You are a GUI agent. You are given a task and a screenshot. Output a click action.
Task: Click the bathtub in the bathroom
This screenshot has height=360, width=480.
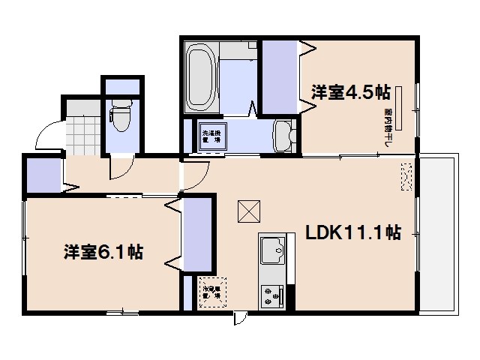[x=200, y=76]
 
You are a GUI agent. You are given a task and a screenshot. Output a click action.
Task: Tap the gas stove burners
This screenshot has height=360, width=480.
[x=271, y=295]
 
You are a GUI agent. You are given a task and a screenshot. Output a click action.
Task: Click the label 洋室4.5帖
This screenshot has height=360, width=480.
[x=350, y=92]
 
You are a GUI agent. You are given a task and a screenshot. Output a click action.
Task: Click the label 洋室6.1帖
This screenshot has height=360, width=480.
[x=103, y=251]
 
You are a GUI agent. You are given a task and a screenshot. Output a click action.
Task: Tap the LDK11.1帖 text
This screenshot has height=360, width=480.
[x=352, y=232]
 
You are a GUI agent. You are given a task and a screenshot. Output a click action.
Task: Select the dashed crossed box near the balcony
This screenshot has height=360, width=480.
[x=407, y=176]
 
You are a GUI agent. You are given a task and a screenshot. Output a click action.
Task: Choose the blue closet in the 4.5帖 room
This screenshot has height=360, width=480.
[x=280, y=75]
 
